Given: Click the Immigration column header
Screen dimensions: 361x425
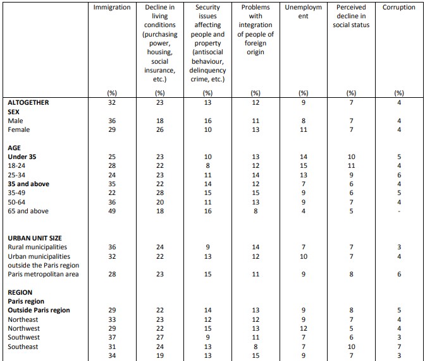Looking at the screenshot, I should [x=112, y=8].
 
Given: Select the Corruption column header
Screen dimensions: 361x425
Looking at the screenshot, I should [x=398, y=8].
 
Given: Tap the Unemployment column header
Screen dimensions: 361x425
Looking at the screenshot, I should [x=303, y=12].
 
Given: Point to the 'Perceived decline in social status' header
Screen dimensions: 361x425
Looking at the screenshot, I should [x=351, y=16].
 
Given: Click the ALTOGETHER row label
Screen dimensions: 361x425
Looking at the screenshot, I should [x=28, y=102].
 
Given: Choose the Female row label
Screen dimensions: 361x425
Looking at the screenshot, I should [x=19, y=129].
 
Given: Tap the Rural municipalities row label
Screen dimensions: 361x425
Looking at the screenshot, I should [x=37, y=247].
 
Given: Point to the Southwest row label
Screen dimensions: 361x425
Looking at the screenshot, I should [x=23, y=338].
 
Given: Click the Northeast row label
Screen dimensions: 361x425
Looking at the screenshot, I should [x=22, y=319].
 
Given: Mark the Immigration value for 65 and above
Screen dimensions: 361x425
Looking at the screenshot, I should [x=112, y=211].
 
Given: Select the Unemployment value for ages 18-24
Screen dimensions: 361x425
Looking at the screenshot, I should [x=303, y=165].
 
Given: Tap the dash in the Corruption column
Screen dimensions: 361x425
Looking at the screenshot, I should [x=398, y=211].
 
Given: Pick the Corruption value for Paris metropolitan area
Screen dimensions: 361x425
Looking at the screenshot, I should [x=398, y=274].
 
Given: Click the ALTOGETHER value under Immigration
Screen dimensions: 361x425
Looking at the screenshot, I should [x=112, y=102].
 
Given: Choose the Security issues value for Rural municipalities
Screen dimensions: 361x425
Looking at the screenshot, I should [x=207, y=247].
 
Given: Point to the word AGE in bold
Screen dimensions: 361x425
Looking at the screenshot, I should [x=14, y=147].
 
